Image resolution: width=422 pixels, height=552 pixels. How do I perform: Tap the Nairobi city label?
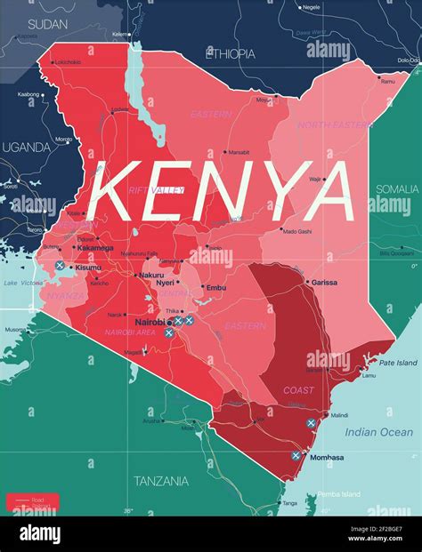150,322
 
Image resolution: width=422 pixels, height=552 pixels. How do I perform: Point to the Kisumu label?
88,267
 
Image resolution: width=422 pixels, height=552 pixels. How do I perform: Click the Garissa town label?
324,282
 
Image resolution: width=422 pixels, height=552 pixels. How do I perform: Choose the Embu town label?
216,288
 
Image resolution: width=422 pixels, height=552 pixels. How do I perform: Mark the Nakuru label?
151,276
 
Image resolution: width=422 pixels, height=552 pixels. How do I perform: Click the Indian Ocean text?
379,432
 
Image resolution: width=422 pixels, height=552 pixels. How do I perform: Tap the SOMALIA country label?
396,188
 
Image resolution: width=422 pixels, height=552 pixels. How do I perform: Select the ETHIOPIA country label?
230,53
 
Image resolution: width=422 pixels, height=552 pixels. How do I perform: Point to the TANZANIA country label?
160,481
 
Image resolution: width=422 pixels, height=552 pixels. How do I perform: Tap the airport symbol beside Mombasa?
296,455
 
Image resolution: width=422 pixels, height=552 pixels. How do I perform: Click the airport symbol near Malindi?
311,423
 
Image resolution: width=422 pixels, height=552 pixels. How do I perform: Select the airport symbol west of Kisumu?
60,266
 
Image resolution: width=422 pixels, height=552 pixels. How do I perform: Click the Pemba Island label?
338,494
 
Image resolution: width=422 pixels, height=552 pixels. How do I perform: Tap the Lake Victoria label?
22,283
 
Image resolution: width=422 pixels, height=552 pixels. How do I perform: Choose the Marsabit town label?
239,152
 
